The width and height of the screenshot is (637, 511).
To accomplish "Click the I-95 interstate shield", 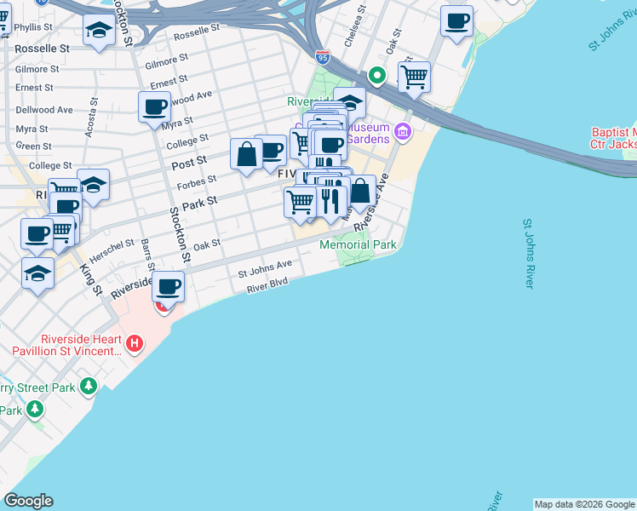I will click(322, 57).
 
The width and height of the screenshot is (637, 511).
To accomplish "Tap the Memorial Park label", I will click(359, 245).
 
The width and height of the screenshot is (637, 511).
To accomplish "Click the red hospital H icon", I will click(134, 343).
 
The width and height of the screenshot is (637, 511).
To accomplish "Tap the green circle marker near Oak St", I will click(376, 77).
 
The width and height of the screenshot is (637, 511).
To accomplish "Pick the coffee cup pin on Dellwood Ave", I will click(154, 108).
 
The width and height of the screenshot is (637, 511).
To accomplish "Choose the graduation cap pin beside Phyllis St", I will click(100, 32).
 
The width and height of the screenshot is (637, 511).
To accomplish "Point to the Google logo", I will click(28, 501).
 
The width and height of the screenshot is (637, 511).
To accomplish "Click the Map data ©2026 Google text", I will click(584, 504).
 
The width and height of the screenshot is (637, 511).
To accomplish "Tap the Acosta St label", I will click(92, 127).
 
